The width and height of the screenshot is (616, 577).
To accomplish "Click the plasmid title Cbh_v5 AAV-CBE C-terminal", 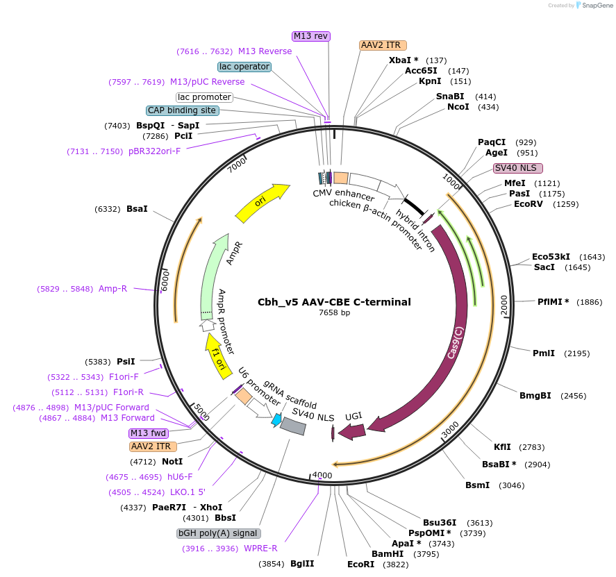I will click(334, 302).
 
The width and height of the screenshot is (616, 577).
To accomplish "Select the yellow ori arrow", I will click(262, 203).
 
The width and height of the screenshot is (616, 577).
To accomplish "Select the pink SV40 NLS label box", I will click(517, 168).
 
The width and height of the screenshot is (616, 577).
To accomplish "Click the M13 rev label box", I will click(310, 36).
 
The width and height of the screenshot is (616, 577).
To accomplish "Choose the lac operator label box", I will click(244, 67).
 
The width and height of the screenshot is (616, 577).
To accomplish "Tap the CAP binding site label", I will click(182, 110).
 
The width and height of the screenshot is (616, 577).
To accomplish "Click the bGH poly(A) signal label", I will click(219, 533).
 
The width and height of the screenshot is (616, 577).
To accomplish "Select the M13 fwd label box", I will click(148, 433).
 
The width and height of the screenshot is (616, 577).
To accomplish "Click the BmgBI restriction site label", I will click(535, 396).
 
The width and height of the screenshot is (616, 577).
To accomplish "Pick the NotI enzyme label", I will click(172, 461).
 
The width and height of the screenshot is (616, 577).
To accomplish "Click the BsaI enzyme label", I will click(137, 208).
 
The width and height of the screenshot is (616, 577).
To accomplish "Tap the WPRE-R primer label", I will click(260, 549).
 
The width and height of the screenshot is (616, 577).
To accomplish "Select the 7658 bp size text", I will click(334, 313).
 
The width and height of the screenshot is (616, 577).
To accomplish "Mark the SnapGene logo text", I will click(596, 6).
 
